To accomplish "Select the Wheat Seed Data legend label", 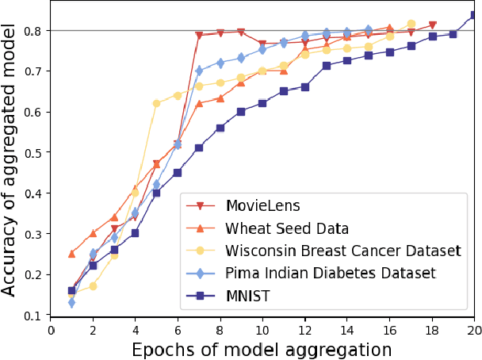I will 286,229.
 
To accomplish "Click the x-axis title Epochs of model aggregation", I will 262,349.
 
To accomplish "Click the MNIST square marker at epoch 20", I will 474,14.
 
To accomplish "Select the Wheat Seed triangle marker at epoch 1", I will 71,254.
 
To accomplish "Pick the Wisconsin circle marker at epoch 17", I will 411,24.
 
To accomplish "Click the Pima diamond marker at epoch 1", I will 71,303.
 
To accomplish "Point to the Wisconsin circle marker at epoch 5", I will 156,103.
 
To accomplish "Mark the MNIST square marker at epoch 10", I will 262,103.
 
